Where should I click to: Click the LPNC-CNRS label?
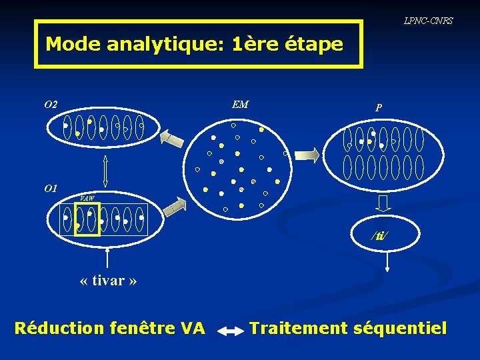click(x=428, y=21)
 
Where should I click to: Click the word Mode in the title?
click(x=73, y=45)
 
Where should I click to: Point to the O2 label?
click(x=51, y=105)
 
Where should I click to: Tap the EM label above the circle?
click(x=240, y=104)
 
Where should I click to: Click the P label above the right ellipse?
click(x=379, y=107)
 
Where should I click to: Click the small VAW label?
click(x=87, y=198)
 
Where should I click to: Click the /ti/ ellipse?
click(x=381, y=235)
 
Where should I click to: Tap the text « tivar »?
click(x=108, y=280)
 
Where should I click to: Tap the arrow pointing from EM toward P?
click(x=307, y=155)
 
